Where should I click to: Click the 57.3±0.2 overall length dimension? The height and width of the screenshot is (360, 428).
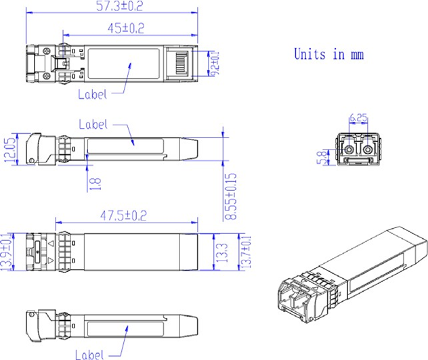click(x=112, y=7)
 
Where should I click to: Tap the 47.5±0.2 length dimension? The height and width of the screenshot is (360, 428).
click(x=124, y=215)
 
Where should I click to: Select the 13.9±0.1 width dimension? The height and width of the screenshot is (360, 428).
click(x=8, y=251)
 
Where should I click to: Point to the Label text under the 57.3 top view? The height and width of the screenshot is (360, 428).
click(x=93, y=94)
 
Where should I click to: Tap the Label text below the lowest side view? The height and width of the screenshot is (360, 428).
click(x=89, y=354)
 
